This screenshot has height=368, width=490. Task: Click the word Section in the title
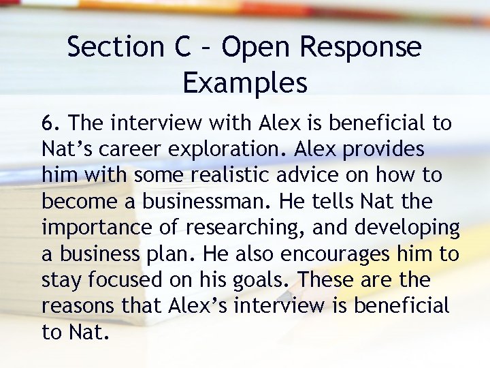(114, 47)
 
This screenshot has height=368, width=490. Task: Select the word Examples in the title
(245, 82)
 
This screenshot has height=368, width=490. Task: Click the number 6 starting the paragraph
(46, 123)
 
